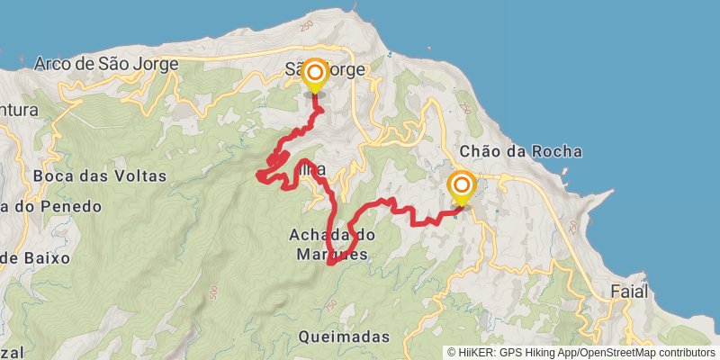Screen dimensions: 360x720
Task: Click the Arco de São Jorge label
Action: coord(106,63)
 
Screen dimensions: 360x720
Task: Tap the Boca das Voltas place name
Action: coord(99,176)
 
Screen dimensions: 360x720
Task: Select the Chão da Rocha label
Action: coord(520,151)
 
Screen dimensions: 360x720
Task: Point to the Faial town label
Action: coord(628,292)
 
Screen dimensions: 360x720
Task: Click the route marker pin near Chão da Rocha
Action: coord(462,189)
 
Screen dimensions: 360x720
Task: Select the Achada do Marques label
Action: coord(331,244)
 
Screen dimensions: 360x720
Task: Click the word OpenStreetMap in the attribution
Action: coord(617,353)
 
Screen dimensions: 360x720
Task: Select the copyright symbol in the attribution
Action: coord(453,353)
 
